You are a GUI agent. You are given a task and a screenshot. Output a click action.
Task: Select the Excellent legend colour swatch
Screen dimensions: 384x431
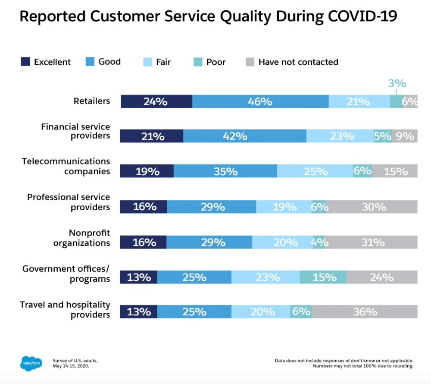click(25, 62)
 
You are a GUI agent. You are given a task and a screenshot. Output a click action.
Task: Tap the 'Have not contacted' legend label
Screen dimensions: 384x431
click(298, 62)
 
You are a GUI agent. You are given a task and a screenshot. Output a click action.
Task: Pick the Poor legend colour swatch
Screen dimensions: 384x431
click(198, 62)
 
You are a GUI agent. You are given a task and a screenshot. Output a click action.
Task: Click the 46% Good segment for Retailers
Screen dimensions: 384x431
click(260, 102)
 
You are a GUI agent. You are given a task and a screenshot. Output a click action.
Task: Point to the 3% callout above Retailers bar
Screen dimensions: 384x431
click(397, 84)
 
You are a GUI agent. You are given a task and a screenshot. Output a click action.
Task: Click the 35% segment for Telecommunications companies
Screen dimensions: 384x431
click(225, 171)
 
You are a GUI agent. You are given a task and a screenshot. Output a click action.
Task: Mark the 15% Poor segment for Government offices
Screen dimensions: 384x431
click(323, 277)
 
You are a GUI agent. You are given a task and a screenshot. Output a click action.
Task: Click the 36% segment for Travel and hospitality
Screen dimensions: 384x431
click(364, 312)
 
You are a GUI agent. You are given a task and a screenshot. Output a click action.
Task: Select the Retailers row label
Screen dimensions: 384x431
click(91, 101)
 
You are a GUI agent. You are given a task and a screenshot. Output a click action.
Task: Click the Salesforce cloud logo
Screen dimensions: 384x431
click(31, 363)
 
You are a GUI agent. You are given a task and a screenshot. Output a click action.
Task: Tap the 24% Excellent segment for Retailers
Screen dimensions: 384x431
click(156, 102)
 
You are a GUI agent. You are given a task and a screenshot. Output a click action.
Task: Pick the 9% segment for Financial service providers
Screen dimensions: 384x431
click(405, 136)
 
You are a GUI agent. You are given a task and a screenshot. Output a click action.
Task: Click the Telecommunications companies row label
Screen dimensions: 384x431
click(66, 166)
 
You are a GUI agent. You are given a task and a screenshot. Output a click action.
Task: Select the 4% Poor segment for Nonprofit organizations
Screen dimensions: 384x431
click(319, 242)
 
